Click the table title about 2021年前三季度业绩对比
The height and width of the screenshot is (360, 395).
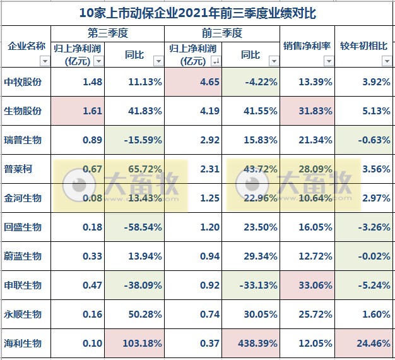click(x=198, y=13)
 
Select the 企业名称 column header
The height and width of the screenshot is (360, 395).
click(x=26, y=46)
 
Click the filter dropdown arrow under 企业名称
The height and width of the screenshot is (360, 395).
click(x=44, y=61)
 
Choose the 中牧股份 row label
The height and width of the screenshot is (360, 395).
click(x=23, y=81)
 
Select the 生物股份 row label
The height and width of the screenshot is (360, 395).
click(x=23, y=111)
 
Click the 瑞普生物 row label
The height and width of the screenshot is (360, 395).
click(x=23, y=140)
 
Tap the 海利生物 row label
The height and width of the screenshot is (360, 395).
click(x=23, y=343)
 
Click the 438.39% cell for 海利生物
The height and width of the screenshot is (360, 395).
click(x=251, y=343)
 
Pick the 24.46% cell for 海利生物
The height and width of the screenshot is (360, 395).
click(x=366, y=343)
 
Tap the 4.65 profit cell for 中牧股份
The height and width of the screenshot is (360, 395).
click(x=193, y=81)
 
